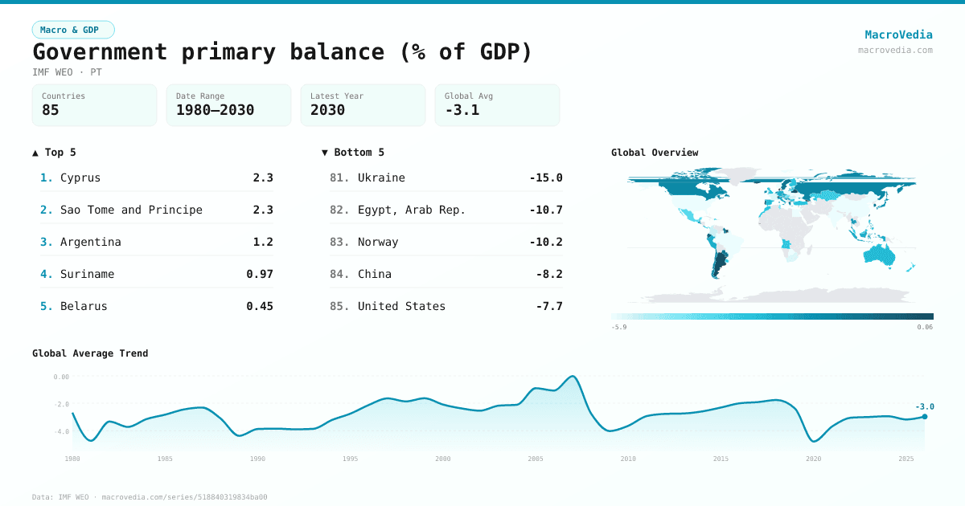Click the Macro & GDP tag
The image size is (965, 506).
(73, 30)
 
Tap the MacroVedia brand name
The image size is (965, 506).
(898, 35)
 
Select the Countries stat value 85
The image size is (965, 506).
(51, 110)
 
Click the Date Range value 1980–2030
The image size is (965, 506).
(215, 110)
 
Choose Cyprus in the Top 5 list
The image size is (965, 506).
(80, 178)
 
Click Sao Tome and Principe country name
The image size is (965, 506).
(131, 210)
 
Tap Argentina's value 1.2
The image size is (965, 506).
(263, 242)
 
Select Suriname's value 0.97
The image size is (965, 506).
(260, 274)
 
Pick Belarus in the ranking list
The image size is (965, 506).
(84, 306)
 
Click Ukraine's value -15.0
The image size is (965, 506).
(546, 178)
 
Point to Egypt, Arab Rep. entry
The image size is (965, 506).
(412, 210)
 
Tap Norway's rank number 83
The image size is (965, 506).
(339, 242)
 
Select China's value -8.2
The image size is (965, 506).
(549, 274)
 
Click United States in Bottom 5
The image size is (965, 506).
(401, 306)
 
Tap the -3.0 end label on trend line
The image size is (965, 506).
(925, 406)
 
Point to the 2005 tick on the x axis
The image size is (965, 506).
(536, 459)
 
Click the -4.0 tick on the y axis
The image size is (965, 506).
(61, 431)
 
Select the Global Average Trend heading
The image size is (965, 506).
(90, 353)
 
